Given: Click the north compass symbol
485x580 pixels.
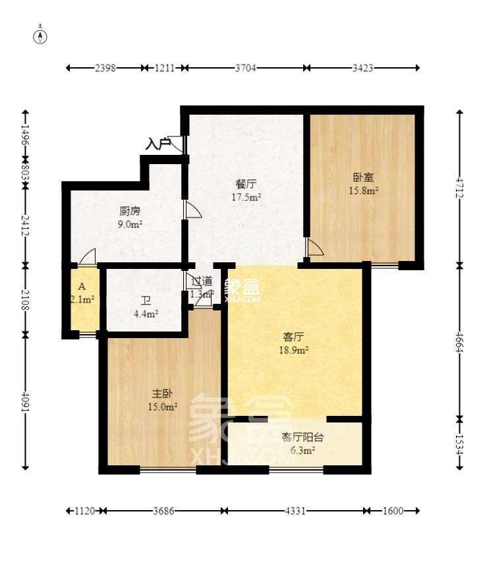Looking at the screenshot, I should tap(41, 36).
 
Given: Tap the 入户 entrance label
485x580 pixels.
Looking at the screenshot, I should tap(158, 142).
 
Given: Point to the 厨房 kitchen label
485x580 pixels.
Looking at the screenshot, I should tap(130, 212).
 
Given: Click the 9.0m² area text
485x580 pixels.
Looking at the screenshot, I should tap(130, 224).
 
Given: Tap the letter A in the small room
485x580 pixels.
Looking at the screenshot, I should tap(82, 287).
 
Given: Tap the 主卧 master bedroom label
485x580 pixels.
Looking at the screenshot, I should tap(162, 393).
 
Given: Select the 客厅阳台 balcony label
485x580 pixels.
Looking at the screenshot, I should tap(302, 437).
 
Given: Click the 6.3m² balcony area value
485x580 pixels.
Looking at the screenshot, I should tap(302, 451).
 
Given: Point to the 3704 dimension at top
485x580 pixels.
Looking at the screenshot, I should tap(245, 68).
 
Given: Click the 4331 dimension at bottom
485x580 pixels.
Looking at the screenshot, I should tap(293, 511).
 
